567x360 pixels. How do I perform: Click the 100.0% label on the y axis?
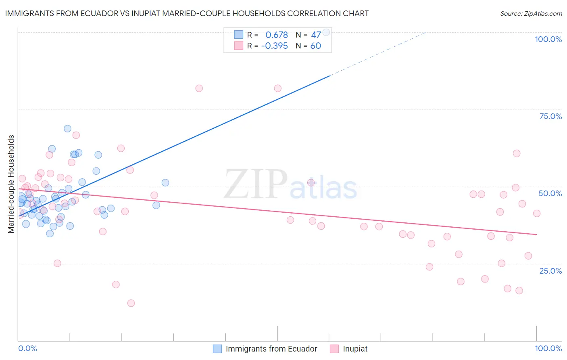(x=548, y=39)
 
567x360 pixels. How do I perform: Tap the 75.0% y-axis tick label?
(x=550, y=116)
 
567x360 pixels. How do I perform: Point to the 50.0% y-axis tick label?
(x=550, y=193)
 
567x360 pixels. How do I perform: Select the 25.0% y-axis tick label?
(x=550, y=271)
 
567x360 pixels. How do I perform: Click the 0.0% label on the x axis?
(x=27, y=348)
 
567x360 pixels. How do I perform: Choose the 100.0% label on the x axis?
(x=548, y=348)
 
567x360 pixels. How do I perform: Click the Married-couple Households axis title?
(x=11, y=184)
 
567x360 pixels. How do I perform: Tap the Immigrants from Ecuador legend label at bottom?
(x=271, y=349)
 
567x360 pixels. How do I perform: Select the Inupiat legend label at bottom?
(x=355, y=349)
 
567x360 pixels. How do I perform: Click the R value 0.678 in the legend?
(x=276, y=35)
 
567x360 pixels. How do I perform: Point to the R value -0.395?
(x=274, y=46)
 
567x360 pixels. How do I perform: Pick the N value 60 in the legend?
(x=315, y=46)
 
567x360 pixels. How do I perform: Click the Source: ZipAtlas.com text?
(x=531, y=14)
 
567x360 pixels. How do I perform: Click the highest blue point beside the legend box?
(x=326, y=32)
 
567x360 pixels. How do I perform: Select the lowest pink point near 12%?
(x=131, y=303)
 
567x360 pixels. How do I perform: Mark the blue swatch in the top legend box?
(x=239, y=35)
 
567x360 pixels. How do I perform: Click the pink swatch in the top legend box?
(x=239, y=46)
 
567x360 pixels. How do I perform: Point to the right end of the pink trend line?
(x=536, y=234)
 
